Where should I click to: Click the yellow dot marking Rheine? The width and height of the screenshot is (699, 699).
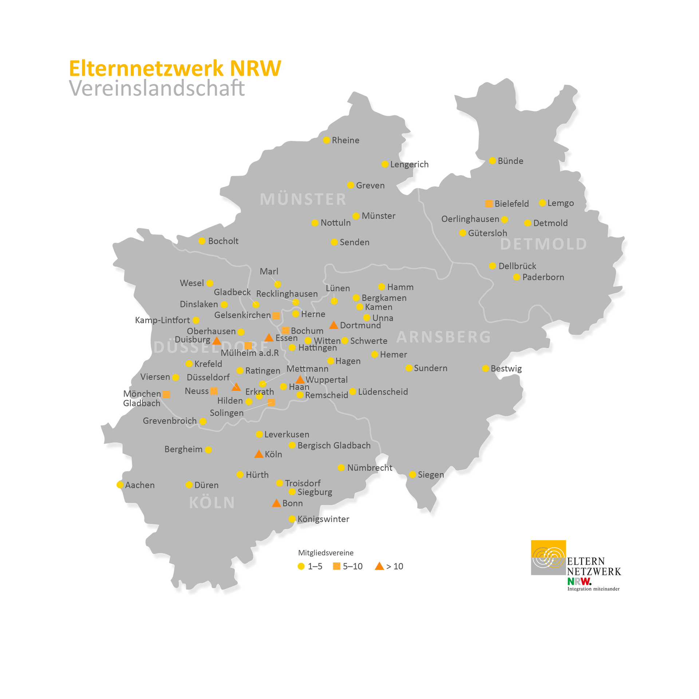click(327, 140)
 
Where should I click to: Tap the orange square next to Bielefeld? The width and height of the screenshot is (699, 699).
click(489, 204)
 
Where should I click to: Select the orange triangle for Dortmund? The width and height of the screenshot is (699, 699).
click(333, 325)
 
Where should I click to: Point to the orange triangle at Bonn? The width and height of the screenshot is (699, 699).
click(276, 503)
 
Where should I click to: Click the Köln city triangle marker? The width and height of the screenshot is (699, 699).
click(259, 454)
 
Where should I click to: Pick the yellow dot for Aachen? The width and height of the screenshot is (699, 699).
click(119, 485)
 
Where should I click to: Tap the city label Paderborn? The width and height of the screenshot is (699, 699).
click(543, 277)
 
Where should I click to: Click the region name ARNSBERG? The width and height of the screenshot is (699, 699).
click(443, 337)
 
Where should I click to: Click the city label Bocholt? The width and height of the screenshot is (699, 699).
click(223, 241)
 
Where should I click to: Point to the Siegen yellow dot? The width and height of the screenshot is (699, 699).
click(412, 474)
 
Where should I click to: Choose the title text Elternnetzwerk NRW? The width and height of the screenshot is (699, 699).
click(175, 68)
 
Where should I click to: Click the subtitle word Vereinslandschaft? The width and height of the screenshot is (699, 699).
click(157, 88)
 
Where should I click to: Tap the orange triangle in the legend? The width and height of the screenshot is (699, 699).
click(379, 566)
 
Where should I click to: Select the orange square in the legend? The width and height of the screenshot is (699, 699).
click(337, 566)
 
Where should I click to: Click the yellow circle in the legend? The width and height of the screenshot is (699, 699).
click(301, 566)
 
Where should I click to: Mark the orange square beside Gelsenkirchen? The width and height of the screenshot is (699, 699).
click(276, 316)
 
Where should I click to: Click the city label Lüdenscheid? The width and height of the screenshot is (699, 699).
click(383, 392)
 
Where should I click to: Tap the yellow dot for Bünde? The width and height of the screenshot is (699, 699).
click(492, 161)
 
